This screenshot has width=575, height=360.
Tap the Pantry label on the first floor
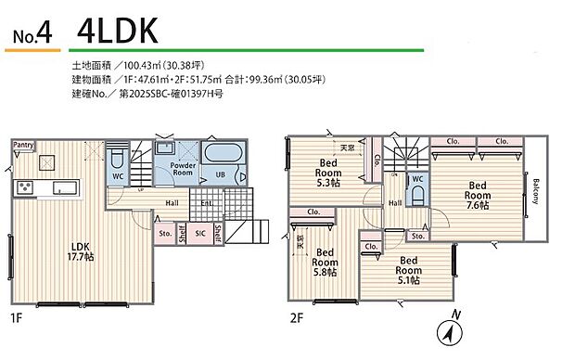(x=24, y=145)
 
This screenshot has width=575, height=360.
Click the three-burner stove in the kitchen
(x=24, y=187)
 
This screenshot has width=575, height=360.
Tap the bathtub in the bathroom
(x=222, y=155)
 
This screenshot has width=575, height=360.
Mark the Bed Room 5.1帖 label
(x=407, y=268)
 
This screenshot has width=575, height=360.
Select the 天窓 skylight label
(x=348, y=148)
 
